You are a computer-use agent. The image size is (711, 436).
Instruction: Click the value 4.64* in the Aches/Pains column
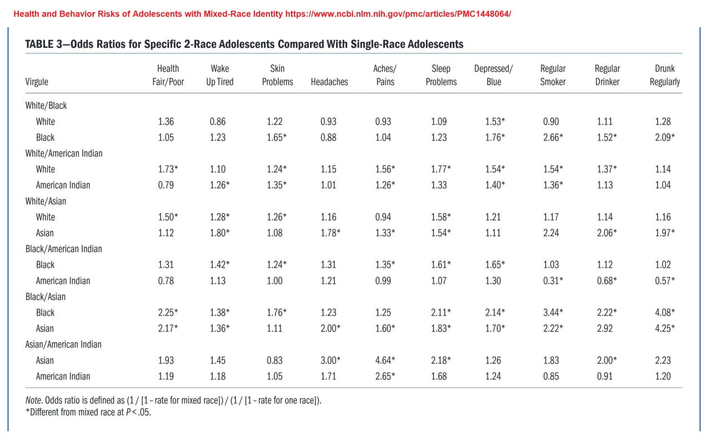pos(385,360)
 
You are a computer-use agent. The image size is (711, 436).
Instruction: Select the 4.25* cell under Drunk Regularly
pos(665,328)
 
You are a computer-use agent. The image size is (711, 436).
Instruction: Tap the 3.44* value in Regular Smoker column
pos(553,312)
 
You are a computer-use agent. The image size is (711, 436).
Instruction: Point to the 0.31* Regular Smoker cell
pos(553,280)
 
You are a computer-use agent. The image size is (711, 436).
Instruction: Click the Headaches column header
pos(329,82)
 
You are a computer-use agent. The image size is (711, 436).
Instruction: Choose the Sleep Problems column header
pos(441,75)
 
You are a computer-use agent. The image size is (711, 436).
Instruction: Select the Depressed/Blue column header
pos(494,75)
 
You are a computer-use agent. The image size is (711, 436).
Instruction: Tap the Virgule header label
pos(37,82)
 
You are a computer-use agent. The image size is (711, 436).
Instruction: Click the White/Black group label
pos(46,106)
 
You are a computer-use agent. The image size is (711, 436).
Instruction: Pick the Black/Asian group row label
pos(46,297)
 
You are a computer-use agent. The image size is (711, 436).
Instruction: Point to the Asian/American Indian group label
pos(63,344)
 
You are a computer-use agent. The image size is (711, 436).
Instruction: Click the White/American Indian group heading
pos(64,153)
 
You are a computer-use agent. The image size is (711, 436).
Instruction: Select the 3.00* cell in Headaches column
pos(330,360)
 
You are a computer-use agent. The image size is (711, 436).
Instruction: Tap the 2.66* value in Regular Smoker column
pos(553,137)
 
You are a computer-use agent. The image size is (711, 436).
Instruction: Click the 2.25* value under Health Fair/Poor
pos(168,312)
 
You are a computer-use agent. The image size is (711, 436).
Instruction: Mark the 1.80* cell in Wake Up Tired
pos(219,233)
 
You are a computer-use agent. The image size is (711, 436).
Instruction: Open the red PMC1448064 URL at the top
pos(398,14)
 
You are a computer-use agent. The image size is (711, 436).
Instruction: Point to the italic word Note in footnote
pos(33,400)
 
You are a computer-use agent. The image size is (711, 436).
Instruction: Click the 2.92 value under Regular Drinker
pos(605,328)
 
